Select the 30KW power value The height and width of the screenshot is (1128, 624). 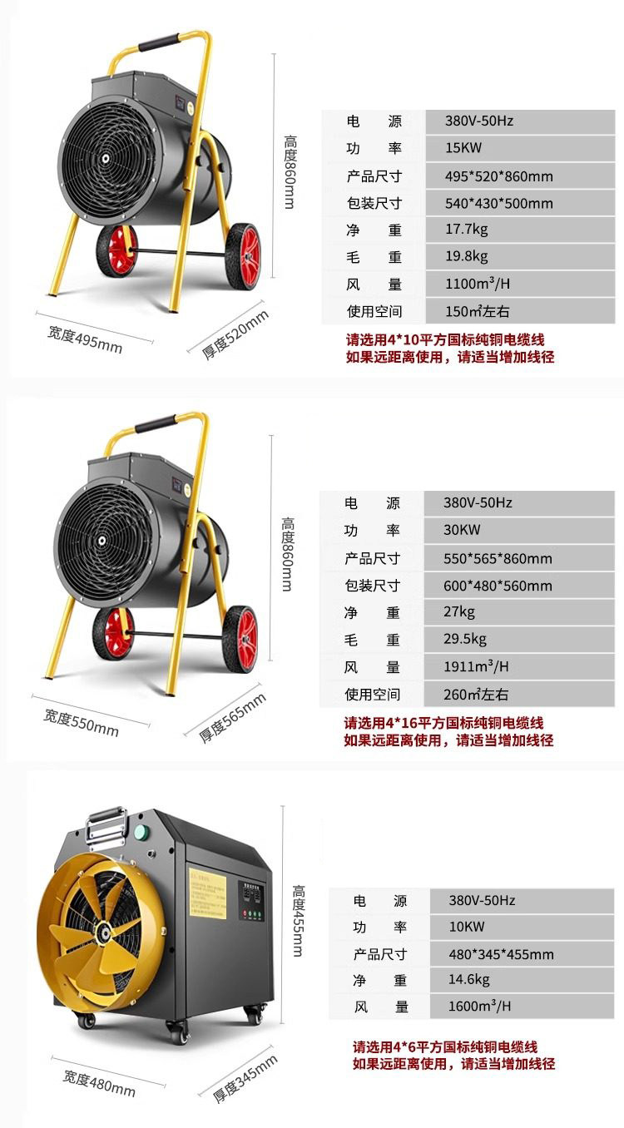(462, 530)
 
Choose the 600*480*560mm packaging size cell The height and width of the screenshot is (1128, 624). (498, 586)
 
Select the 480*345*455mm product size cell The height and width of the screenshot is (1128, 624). (501, 954)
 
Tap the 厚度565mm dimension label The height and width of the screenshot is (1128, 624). (233, 717)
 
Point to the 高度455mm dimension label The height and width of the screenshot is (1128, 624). (300, 920)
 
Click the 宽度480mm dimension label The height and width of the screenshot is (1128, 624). (99, 1083)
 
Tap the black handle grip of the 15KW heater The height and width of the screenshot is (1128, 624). (158, 41)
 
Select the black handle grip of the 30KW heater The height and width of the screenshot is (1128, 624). (156, 424)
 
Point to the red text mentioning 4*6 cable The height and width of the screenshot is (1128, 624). (445, 1046)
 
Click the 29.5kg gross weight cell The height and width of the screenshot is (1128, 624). (465, 640)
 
